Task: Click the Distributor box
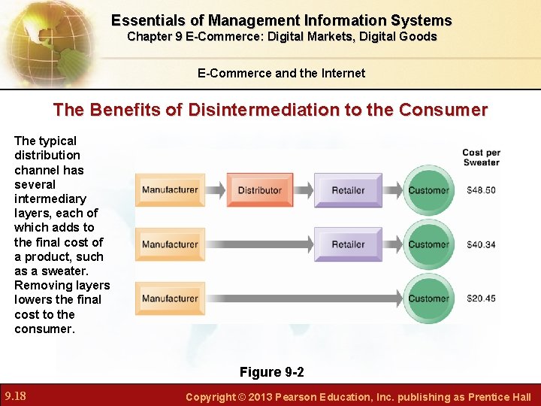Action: coord(259,190)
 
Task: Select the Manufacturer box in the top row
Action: coord(170,190)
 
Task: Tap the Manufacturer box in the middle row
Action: coord(170,244)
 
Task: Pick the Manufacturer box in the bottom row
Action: coord(170,298)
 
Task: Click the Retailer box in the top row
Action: coord(348,190)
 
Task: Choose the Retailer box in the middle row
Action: coord(348,244)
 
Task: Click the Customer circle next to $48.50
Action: coord(428,190)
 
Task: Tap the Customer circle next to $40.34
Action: coord(428,244)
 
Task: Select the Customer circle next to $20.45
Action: coord(428,298)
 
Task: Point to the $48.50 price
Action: coord(481,190)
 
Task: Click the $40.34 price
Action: coord(481,244)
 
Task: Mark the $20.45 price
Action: coord(481,298)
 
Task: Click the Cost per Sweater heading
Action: coord(481,157)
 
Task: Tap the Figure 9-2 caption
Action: coord(271,372)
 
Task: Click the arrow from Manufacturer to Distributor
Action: coord(214,190)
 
